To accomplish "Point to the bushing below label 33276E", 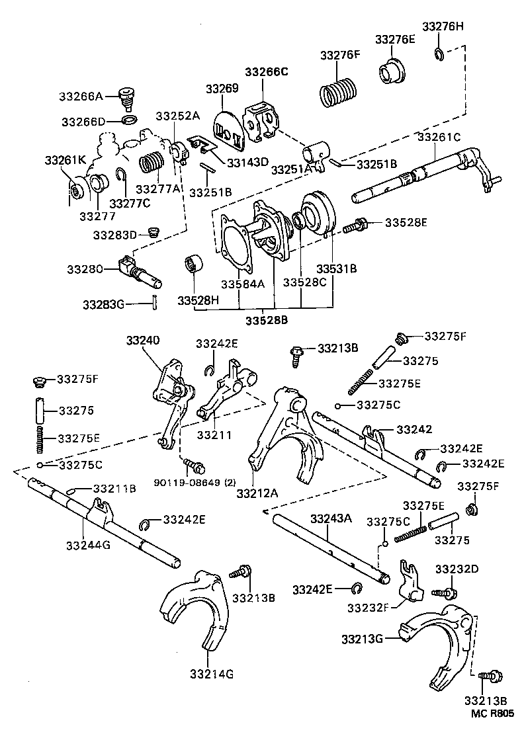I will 393,73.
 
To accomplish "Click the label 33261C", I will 439,137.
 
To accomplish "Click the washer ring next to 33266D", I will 130,121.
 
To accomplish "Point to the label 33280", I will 85,269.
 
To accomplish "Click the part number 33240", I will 143,341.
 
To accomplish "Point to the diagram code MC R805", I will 492,714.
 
